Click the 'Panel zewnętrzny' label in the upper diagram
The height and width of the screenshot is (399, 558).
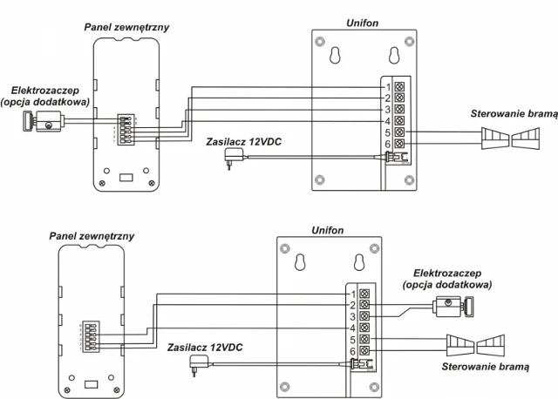(x=126, y=28)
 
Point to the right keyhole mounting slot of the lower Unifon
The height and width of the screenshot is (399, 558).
(x=357, y=262)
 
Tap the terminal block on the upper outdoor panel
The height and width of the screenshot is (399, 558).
(x=128, y=127)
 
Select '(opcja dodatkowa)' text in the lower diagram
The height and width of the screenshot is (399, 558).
(x=446, y=285)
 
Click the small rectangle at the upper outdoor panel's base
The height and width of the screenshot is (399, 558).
(x=125, y=177)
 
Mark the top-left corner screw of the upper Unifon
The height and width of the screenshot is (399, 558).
(x=322, y=41)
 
